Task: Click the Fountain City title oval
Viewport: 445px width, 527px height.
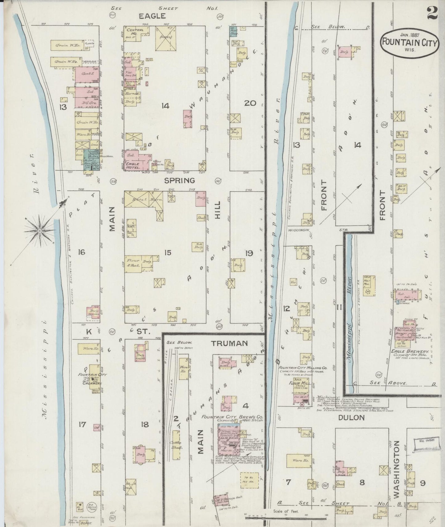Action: click(x=409, y=43)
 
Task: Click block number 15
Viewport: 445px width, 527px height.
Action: click(x=168, y=253)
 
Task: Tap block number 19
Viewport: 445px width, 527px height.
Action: click(x=249, y=253)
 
